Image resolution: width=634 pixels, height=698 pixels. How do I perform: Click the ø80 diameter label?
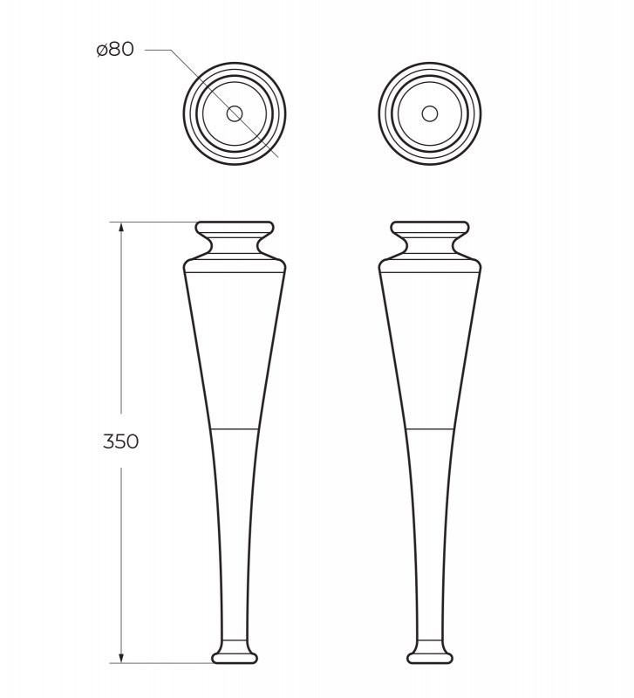[115, 50]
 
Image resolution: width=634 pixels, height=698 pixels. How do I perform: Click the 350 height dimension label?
[120, 441]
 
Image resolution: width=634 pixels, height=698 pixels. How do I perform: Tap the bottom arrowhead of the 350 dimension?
[121, 658]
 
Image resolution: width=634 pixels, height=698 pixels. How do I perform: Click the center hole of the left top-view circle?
[235, 113]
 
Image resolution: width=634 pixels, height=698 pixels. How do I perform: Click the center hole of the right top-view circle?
[429, 113]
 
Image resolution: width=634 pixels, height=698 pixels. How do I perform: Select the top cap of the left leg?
[235, 229]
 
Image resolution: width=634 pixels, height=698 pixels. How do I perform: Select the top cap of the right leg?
[429, 229]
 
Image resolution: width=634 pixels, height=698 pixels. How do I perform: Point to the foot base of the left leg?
[235, 654]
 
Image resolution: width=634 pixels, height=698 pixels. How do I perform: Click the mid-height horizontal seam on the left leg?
[235, 429]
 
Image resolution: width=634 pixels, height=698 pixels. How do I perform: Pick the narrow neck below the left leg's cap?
[235, 243]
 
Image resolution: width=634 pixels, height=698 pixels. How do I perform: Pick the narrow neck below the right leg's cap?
[429, 243]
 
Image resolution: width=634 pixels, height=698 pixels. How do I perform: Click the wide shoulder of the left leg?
[235, 265]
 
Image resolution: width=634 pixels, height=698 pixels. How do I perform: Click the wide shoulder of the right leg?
[429, 265]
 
